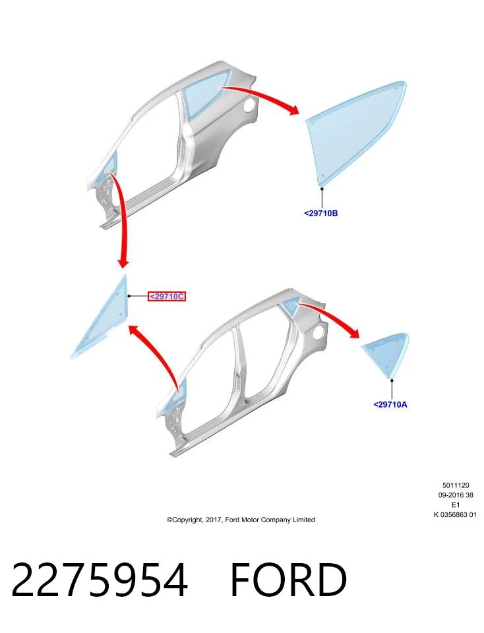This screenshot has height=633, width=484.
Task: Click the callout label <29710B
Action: point(321,213)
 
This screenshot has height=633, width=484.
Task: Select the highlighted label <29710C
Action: point(167,296)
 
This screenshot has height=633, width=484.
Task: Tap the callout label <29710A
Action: point(390,404)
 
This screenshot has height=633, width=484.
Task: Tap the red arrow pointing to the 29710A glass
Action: point(331,315)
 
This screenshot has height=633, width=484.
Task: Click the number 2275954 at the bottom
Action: point(100,580)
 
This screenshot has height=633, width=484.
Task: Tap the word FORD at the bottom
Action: point(288,580)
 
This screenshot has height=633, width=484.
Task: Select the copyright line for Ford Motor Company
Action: point(241,520)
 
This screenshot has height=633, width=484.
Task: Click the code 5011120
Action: point(456,485)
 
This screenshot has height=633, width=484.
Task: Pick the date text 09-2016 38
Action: point(456,495)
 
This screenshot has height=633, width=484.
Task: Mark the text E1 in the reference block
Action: point(456,504)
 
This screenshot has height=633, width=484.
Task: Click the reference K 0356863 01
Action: point(456,514)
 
